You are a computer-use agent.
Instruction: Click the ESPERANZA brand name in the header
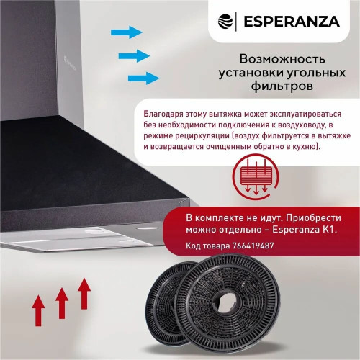pyautogui.click(x=292, y=22)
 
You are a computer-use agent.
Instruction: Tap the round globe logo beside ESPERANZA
pyautogui.click(x=225, y=22)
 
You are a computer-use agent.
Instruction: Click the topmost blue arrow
pyautogui.click(x=127, y=32)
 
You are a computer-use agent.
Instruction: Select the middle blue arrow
pyautogui.click(x=134, y=56)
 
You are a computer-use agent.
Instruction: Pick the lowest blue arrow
pyautogui.click(x=143, y=78)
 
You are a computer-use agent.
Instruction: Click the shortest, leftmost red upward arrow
pyautogui.click(x=38, y=311)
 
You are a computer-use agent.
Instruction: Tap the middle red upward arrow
pyautogui.click(x=62, y=303)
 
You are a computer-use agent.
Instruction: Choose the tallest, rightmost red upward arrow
pyautogui.click(x=84, y=294)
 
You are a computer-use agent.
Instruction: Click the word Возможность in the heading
pyautogui.click(x=282, y=59)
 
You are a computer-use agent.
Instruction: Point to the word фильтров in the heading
pyautogui.click(x=282, y=86)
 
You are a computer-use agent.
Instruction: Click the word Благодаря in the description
pyautogui.click(x=163, y=114)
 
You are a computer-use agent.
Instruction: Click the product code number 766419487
pyautogui.click(x=253, y=246)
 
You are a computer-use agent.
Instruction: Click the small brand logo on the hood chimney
pyautogui.click(x=70, y=63)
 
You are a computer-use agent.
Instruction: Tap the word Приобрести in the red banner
pyautogui.click(x=313, y=218)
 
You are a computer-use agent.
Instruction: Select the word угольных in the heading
pyautogui.click(x=315, y=73)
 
